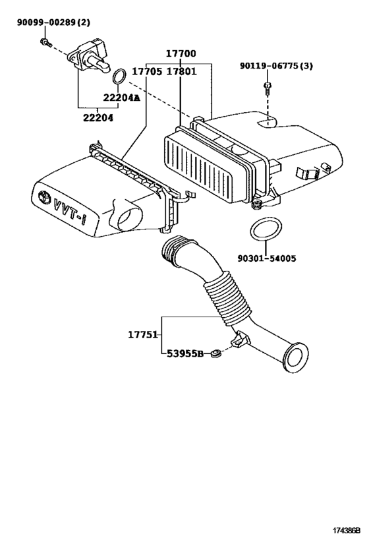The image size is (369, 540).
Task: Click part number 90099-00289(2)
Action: [x=53, y=23]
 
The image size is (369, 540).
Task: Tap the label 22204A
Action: [x=121, y=98]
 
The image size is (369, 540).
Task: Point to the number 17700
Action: [x=180, y=53]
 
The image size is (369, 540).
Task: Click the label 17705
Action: [x=146, y=71]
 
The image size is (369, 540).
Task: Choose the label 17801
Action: [x=180, y=71]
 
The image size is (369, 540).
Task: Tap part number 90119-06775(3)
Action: [x=275, y=67]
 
